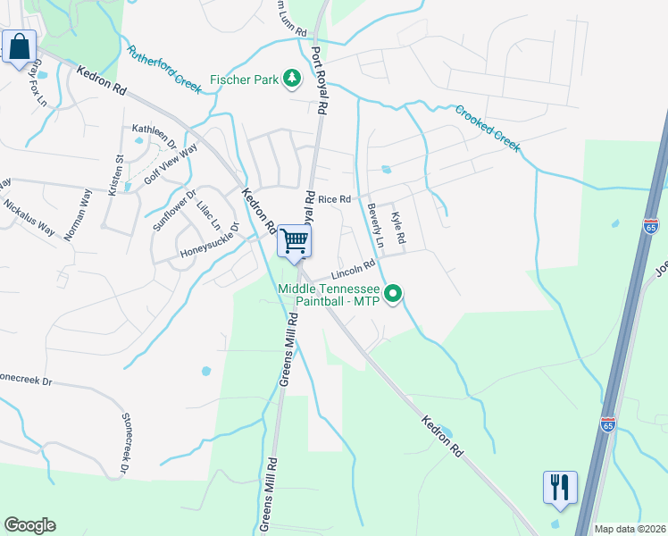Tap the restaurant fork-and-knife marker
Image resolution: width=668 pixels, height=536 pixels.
click(560, 487)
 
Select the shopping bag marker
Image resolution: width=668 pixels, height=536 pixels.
click(20, 46)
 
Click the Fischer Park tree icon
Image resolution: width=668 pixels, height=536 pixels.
click(291, 80)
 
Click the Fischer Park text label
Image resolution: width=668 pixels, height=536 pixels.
click(243, 80)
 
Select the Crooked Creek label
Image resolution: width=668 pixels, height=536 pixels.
click(488, 129)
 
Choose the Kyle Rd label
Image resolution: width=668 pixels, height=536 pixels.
click(398, 228)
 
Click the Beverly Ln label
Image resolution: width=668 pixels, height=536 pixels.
click(375, 226)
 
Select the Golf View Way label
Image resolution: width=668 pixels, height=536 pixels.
click(171, 164)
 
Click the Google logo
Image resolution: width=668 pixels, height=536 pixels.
click(29, 525)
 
